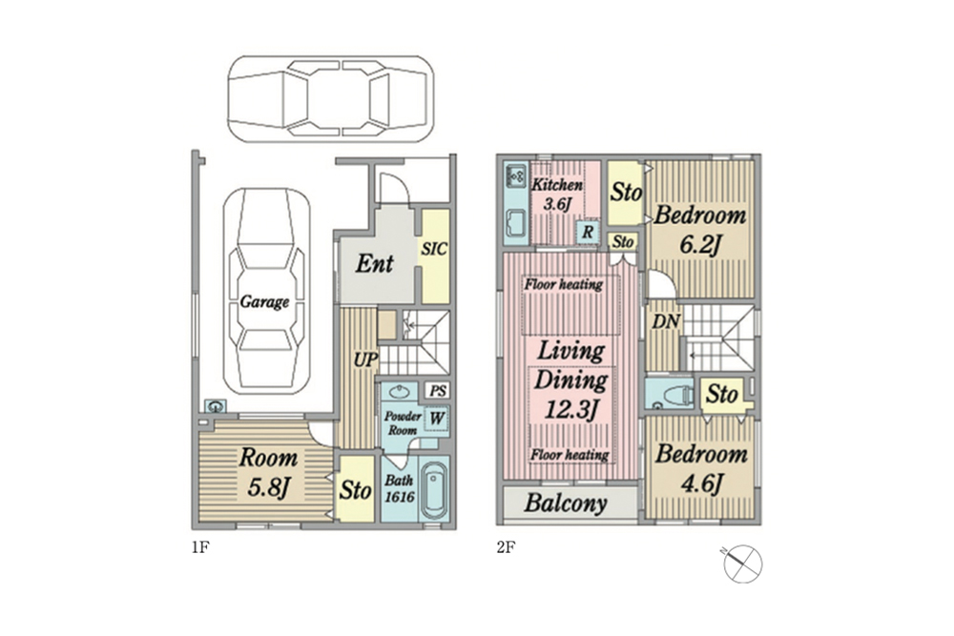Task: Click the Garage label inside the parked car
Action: (264, 301)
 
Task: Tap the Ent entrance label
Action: (374, 263)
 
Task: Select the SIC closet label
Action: (434, 249)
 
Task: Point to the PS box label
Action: (438, 390)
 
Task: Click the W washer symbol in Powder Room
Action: (437, 419)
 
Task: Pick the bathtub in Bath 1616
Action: (434, 490)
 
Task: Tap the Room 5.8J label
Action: (268, 472)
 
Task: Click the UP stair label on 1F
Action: (365, 359)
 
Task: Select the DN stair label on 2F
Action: (666, 321)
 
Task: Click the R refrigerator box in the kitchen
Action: (587, 232)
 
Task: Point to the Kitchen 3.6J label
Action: (557, 194)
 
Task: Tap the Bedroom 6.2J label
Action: (699, 230)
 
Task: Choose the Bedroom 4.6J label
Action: (701, 469)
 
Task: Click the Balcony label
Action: (566, 503)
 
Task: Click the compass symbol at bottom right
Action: (742, 563)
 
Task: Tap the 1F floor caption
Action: (200, 548)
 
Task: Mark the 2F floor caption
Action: (506, 548)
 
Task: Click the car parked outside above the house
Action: (331, 98)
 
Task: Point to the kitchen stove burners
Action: (516, 175)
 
